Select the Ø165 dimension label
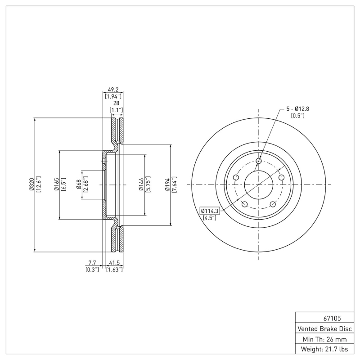[x=57, y=185]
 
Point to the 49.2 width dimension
[x=111, y=90]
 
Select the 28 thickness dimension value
[x=116, y=103]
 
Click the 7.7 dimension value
[x=92, y=262]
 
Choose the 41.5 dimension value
[x=114, y=262]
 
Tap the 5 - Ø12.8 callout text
[x=297, y=108]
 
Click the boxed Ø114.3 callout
[x=209, y=211]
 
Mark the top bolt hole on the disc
[x=259, y=161]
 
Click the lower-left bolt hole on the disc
[x=245, y=205]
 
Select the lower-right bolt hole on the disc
[x=273, y=205]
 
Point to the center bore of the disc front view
[x=259, y=184]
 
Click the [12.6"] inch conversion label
[x=39, y=185]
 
